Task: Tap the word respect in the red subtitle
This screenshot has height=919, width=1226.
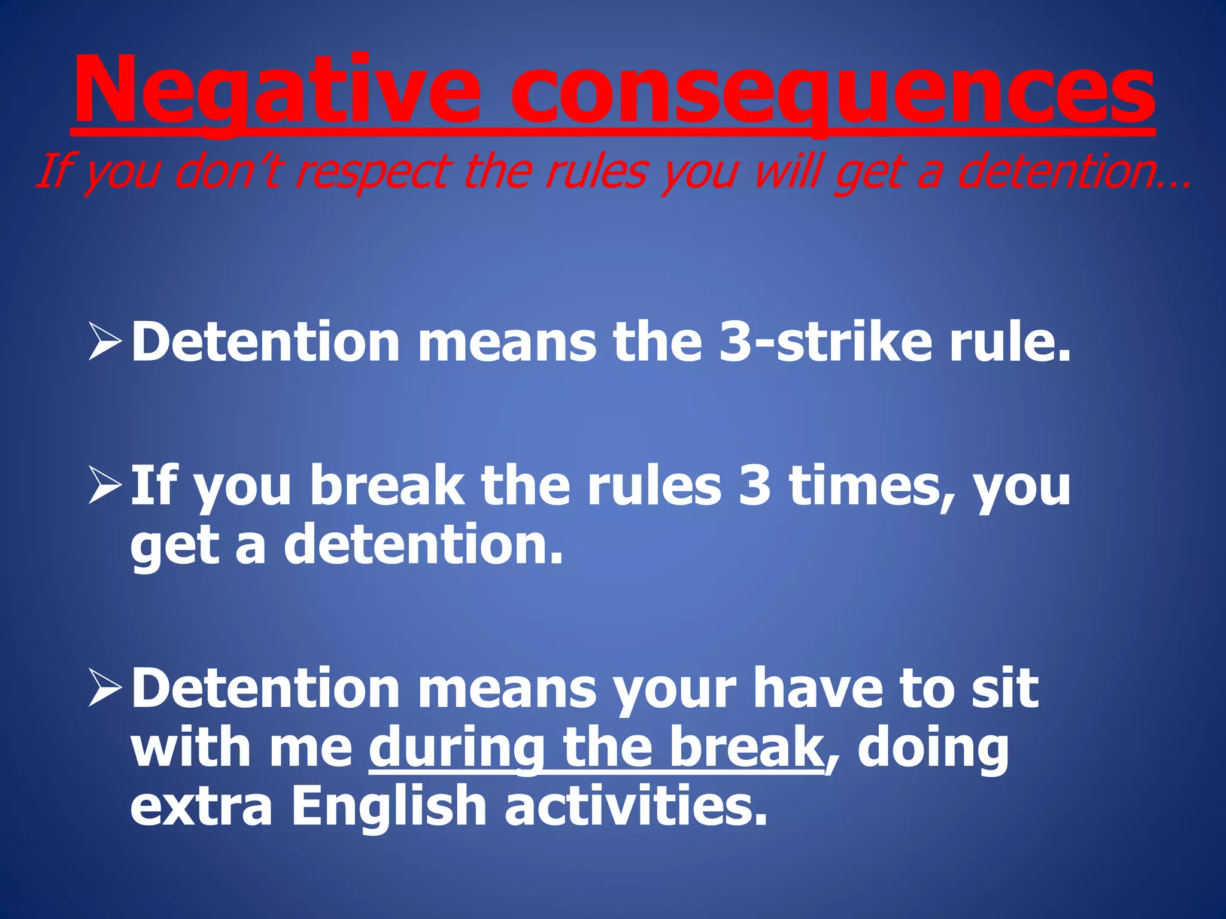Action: (x=371, y=171)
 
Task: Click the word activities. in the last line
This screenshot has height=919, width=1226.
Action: (x=635, y=807)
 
